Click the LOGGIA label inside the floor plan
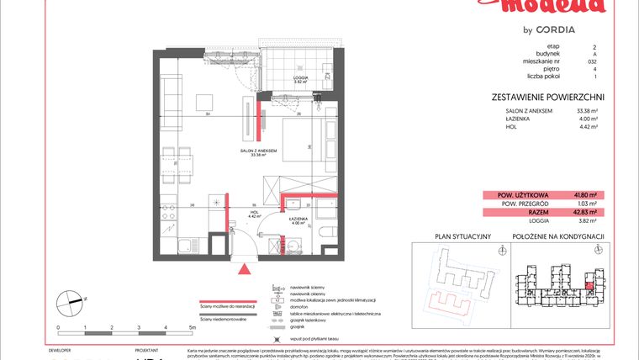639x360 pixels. click(298, 78)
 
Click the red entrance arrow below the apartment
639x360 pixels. click(245, 270)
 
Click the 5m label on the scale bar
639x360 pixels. click(193, 326)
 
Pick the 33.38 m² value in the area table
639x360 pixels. click(585, 110)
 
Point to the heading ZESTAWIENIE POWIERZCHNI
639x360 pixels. click(548, 98)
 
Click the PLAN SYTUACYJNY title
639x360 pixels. click(462, 237)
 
